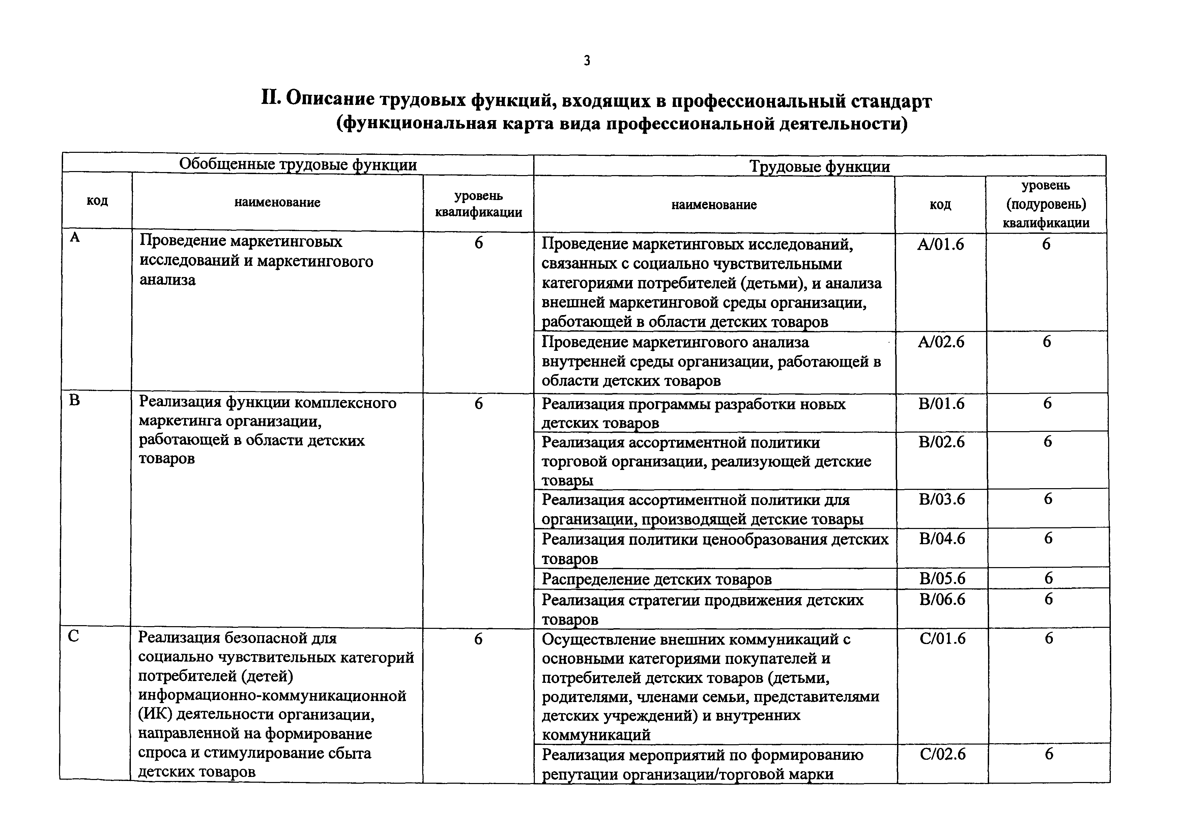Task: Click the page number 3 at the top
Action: pos(587,61)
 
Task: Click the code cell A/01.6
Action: pos(940,244)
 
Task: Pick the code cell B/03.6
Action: pos(941,499)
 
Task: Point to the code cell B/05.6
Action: pos(942,578)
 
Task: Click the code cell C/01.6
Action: pos(942,639)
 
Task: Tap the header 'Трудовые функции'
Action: pos(819,166)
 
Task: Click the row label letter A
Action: pos(75,238)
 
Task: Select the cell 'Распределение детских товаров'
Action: pos(657,579)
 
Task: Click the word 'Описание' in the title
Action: pos(330,100)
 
